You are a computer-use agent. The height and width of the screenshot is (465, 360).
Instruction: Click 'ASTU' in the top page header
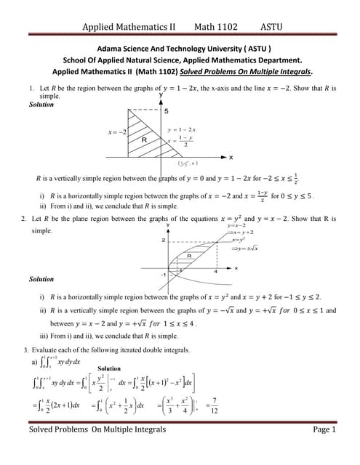click(271, 27)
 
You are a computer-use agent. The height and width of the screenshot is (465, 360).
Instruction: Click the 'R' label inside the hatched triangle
click(144, 139)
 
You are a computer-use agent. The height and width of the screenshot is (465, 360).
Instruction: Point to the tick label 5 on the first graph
click(167, 111)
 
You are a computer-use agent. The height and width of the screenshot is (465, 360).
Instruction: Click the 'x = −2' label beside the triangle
click(117, 132)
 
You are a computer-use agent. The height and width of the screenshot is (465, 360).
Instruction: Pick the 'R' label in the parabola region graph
click(189, 256)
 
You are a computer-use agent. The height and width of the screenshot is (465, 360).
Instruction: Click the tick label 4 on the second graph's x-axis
click(216, 272)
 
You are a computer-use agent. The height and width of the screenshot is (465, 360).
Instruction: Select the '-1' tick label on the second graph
click(163, 275)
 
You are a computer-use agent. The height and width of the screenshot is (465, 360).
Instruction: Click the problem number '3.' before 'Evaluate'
click(27, 349)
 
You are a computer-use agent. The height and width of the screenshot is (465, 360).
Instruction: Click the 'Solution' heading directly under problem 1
click(41, 105)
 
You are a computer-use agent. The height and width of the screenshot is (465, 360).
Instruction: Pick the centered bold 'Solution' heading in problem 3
click(108, 368)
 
